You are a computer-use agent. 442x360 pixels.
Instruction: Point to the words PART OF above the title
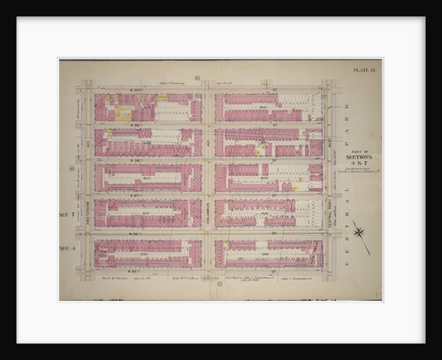(x=357, y=148)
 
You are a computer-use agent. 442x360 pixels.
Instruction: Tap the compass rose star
(x=360, y=233)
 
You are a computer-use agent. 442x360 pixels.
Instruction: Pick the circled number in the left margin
(x=72, y=168)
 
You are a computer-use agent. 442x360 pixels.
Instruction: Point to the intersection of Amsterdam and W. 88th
(x=88, y=160)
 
